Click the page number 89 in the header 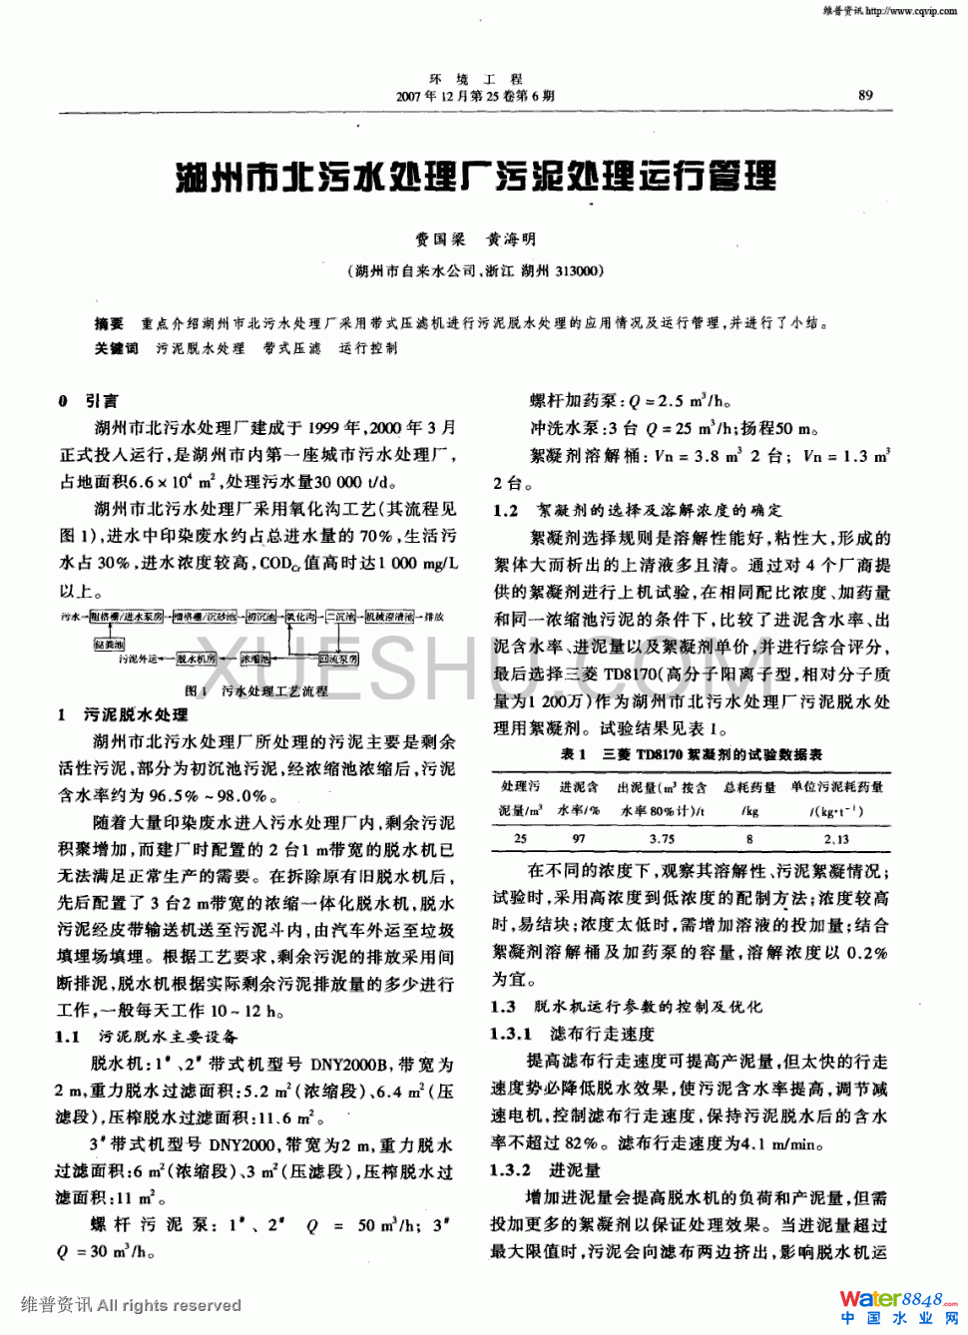pyautogui.click(x=865, y=96)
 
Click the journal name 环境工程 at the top pyautogui.click(x=476, y=79)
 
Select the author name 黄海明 pyautogui.click(x=511, y=239)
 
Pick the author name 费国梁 pyautogui.click(x=440, y=239)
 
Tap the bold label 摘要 pyautogui.click(x=109, y=323)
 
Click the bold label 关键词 pyautogui.click(x=116, y=348)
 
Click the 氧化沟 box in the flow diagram pyautogui.click(x=300, y=618)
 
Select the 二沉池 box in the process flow pyautogui.click(x=341, y=618)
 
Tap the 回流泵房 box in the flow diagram pyautogui.click(x=338, y=660)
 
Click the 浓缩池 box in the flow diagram pyautogui.click(x=255, y=660)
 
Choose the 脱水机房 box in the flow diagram pyautogui.click(x=196, y=660)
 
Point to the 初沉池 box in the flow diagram pyautogui.click(x=261, y=618)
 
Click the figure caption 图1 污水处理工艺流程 pyautogui.click(x=255, y=690)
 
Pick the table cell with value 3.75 pyautogui.click(x=662, y=839)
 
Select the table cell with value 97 pyautogui.click(x=578, y=839)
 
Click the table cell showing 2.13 pyautogui.click(x=836, y=839)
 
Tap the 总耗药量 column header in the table pyautogui.click(x=749, y=788)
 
